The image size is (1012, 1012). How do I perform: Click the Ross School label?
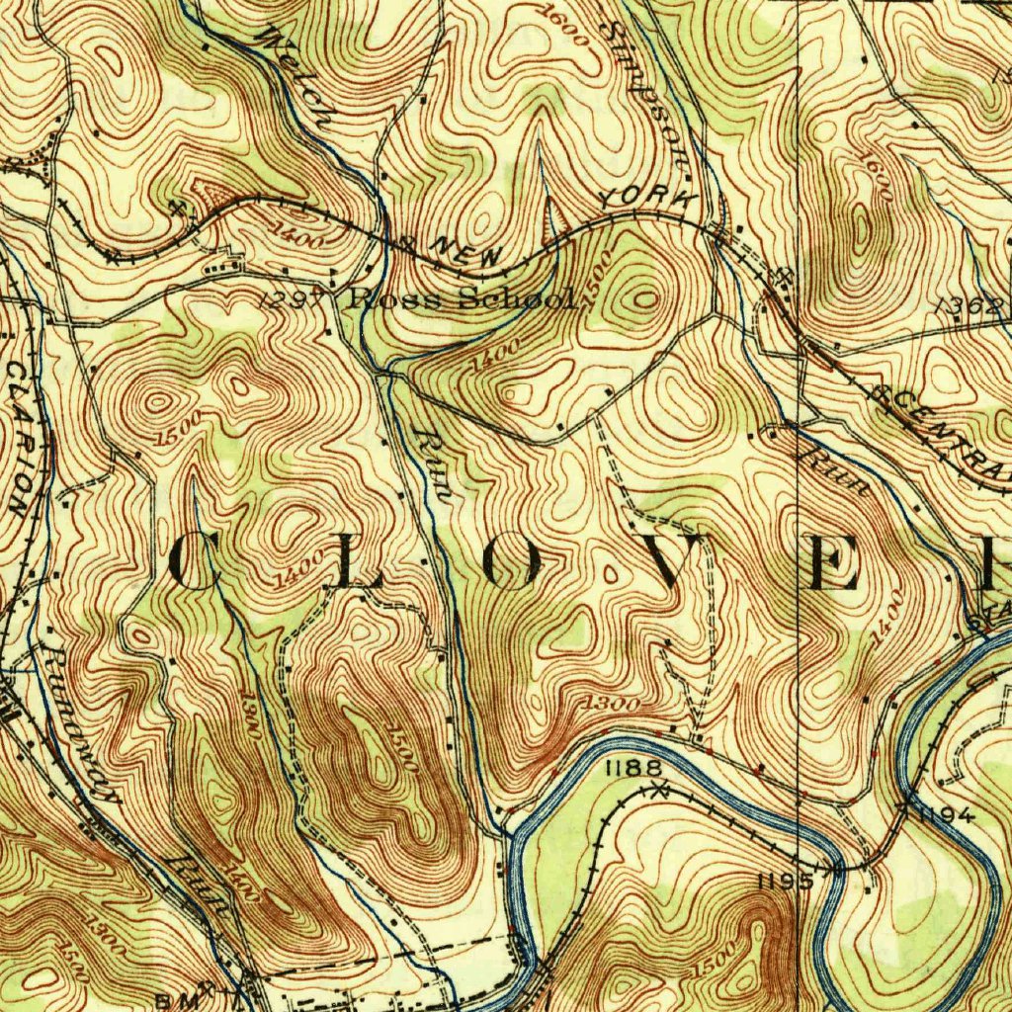[460, 299]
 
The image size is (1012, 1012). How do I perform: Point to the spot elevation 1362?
[972, 308]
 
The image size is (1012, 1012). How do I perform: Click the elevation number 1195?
[784, 880]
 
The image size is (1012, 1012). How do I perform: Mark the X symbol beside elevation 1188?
[660, 789]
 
